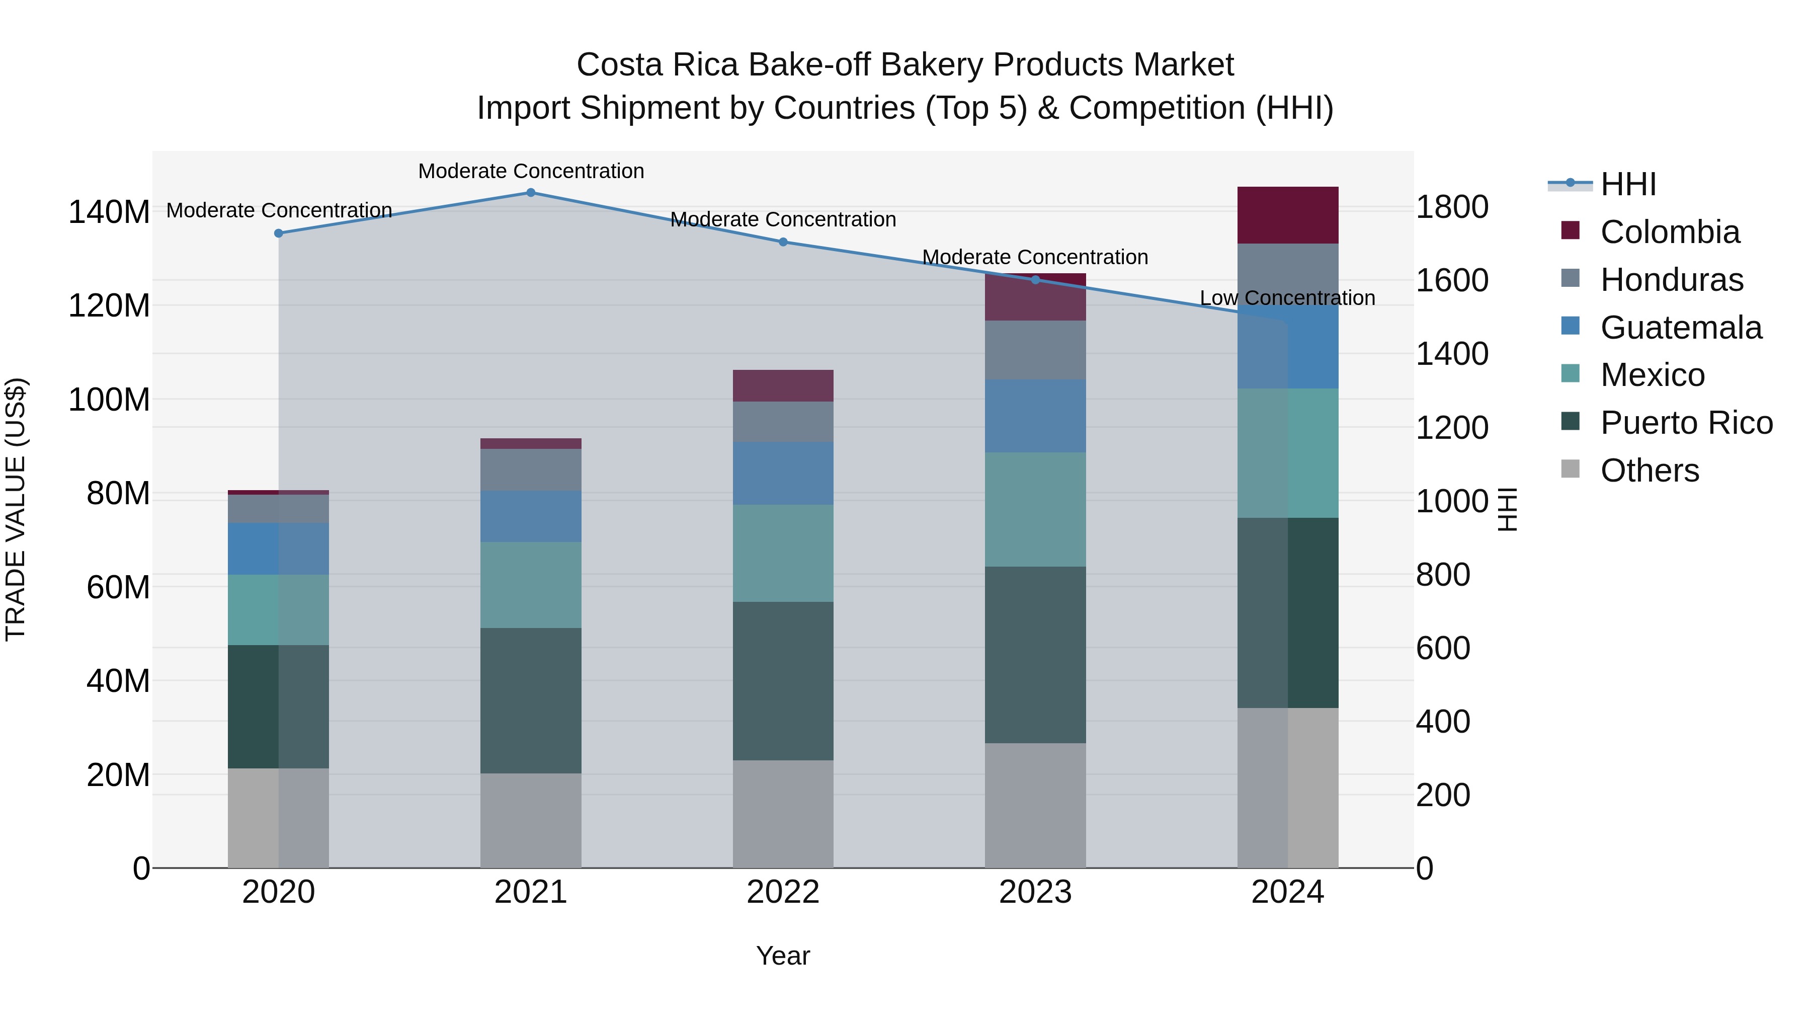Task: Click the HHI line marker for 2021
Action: (x=531, y=193)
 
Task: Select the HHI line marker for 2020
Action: (x=278, y=233)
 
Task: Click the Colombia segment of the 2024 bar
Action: (x=1287, y=215)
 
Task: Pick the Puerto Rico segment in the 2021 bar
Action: (x=531, y=700)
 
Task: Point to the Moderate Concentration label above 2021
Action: (x=531, y=172)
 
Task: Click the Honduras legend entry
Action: (x=1671, y=280)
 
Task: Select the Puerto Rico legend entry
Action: (x=1686, y=423)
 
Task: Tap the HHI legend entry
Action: (x=1627, y=184)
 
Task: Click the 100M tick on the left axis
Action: (x=109, y=400)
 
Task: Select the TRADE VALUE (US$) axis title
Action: (x=16, y=509)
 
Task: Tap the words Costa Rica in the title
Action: (x=657, y=65)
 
